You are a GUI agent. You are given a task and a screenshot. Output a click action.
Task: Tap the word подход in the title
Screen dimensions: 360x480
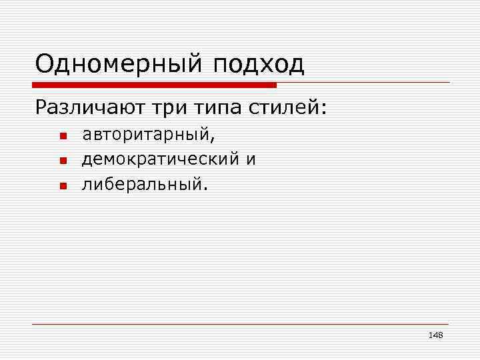coord(259,65)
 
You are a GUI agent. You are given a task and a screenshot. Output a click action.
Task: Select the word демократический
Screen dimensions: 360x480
coord(160,159)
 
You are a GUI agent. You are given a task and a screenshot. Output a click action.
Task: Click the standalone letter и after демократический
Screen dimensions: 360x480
coord(251,160)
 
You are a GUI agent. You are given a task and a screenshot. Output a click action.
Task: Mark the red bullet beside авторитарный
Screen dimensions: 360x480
coord(63,137)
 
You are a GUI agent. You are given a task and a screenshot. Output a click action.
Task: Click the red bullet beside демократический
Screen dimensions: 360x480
coord(63,161)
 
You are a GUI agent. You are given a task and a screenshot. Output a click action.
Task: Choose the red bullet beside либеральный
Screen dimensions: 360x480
coord(63,185)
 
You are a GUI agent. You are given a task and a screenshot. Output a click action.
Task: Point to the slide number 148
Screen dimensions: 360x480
coord(436,335)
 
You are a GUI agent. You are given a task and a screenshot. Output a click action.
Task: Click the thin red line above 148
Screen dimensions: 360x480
coord(240,324)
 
